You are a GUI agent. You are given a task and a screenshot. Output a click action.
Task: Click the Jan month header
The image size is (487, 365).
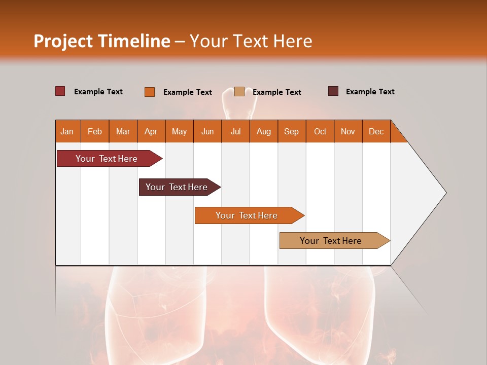[x=67, y=131]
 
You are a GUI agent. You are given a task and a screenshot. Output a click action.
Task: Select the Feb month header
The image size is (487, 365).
[x=95, y=131]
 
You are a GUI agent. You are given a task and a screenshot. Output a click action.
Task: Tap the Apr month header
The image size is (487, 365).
[x=151, y=131]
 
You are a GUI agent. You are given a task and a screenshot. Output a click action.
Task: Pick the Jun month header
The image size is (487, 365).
[x=207, y=131]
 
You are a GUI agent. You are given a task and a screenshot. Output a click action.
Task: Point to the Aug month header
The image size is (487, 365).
[x=264, y=131]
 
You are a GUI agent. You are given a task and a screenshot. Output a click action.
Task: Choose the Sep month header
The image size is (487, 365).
[x=292, y=131]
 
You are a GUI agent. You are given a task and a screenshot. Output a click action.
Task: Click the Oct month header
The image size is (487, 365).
[x=320, y=131]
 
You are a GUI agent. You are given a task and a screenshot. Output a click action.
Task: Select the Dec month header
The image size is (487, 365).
[x=376, y=131]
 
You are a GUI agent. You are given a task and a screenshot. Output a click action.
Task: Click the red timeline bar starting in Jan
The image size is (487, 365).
[x=107, y=159]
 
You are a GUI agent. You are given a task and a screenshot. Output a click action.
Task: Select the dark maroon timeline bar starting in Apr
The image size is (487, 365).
[x=177, y=187]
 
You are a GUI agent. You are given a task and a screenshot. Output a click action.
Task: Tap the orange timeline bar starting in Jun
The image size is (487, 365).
[x=247, y=215]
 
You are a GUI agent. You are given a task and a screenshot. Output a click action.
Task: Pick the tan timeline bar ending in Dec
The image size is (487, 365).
[x=331, y=241]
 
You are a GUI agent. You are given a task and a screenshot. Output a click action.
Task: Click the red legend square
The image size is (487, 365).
[x=60, y=91]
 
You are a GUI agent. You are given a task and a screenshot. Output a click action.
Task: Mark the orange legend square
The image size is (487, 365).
[x=150, y=92]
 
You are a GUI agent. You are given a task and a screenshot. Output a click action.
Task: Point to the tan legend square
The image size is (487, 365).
[x=239, y=92]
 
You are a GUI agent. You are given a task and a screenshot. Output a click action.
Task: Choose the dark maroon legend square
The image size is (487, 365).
[x=333, y=91]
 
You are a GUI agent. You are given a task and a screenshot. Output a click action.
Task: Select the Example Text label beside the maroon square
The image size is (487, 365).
[x=370, y=92]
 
